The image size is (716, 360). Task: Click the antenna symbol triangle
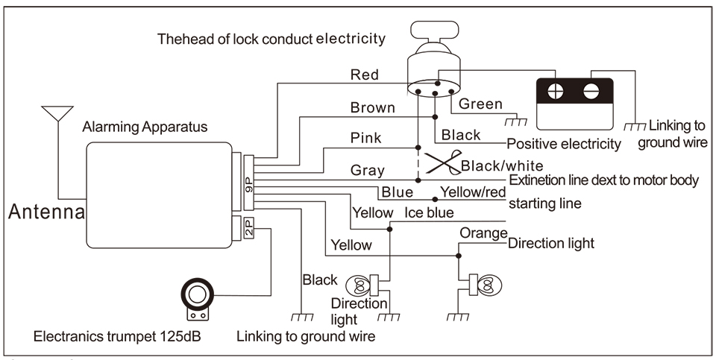[x=57, y=114]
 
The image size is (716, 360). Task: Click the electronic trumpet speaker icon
[x=197, y=296]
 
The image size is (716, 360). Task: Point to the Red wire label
[x=364, y=75]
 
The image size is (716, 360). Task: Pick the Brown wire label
[x=372, y=108]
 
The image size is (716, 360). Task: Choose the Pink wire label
[x=366, y=138]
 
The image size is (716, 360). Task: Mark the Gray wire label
[x=367, y=171]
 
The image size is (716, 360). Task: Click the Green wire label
[x=480, y=104]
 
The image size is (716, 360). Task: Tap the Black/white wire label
[x=503, y=165]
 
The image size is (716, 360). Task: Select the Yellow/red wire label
[x=473, y=192]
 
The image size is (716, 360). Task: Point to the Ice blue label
[x=430, y=213]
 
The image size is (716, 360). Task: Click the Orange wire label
[x=483, y=233]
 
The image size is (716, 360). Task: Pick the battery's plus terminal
[x=555, y=93]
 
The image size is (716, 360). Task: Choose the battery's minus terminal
[x=591, y=93]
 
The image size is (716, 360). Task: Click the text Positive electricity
[x=563, y=143]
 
